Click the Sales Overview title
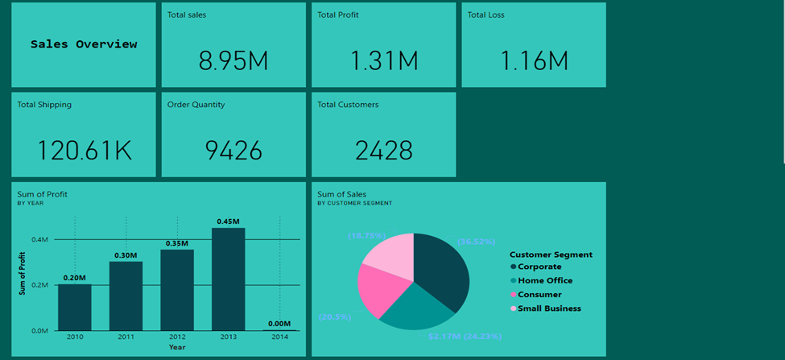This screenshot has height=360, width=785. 84,44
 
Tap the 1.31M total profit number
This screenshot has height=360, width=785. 384,60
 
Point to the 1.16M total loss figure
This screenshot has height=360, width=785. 534,60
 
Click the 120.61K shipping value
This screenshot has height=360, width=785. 85,150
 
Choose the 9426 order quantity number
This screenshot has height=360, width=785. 233,150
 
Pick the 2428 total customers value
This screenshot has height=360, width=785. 384,150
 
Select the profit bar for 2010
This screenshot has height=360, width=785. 74,307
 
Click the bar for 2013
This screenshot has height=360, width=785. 228,279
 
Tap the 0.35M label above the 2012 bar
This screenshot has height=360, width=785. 177,243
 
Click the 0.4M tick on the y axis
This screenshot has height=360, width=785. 39,239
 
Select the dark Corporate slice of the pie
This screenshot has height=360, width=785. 443,270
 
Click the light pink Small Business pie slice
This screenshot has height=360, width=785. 391,251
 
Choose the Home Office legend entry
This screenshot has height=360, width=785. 544,280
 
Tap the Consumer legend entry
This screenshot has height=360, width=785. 539,295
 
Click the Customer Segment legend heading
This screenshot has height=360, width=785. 551,254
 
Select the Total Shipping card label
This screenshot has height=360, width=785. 44,105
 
